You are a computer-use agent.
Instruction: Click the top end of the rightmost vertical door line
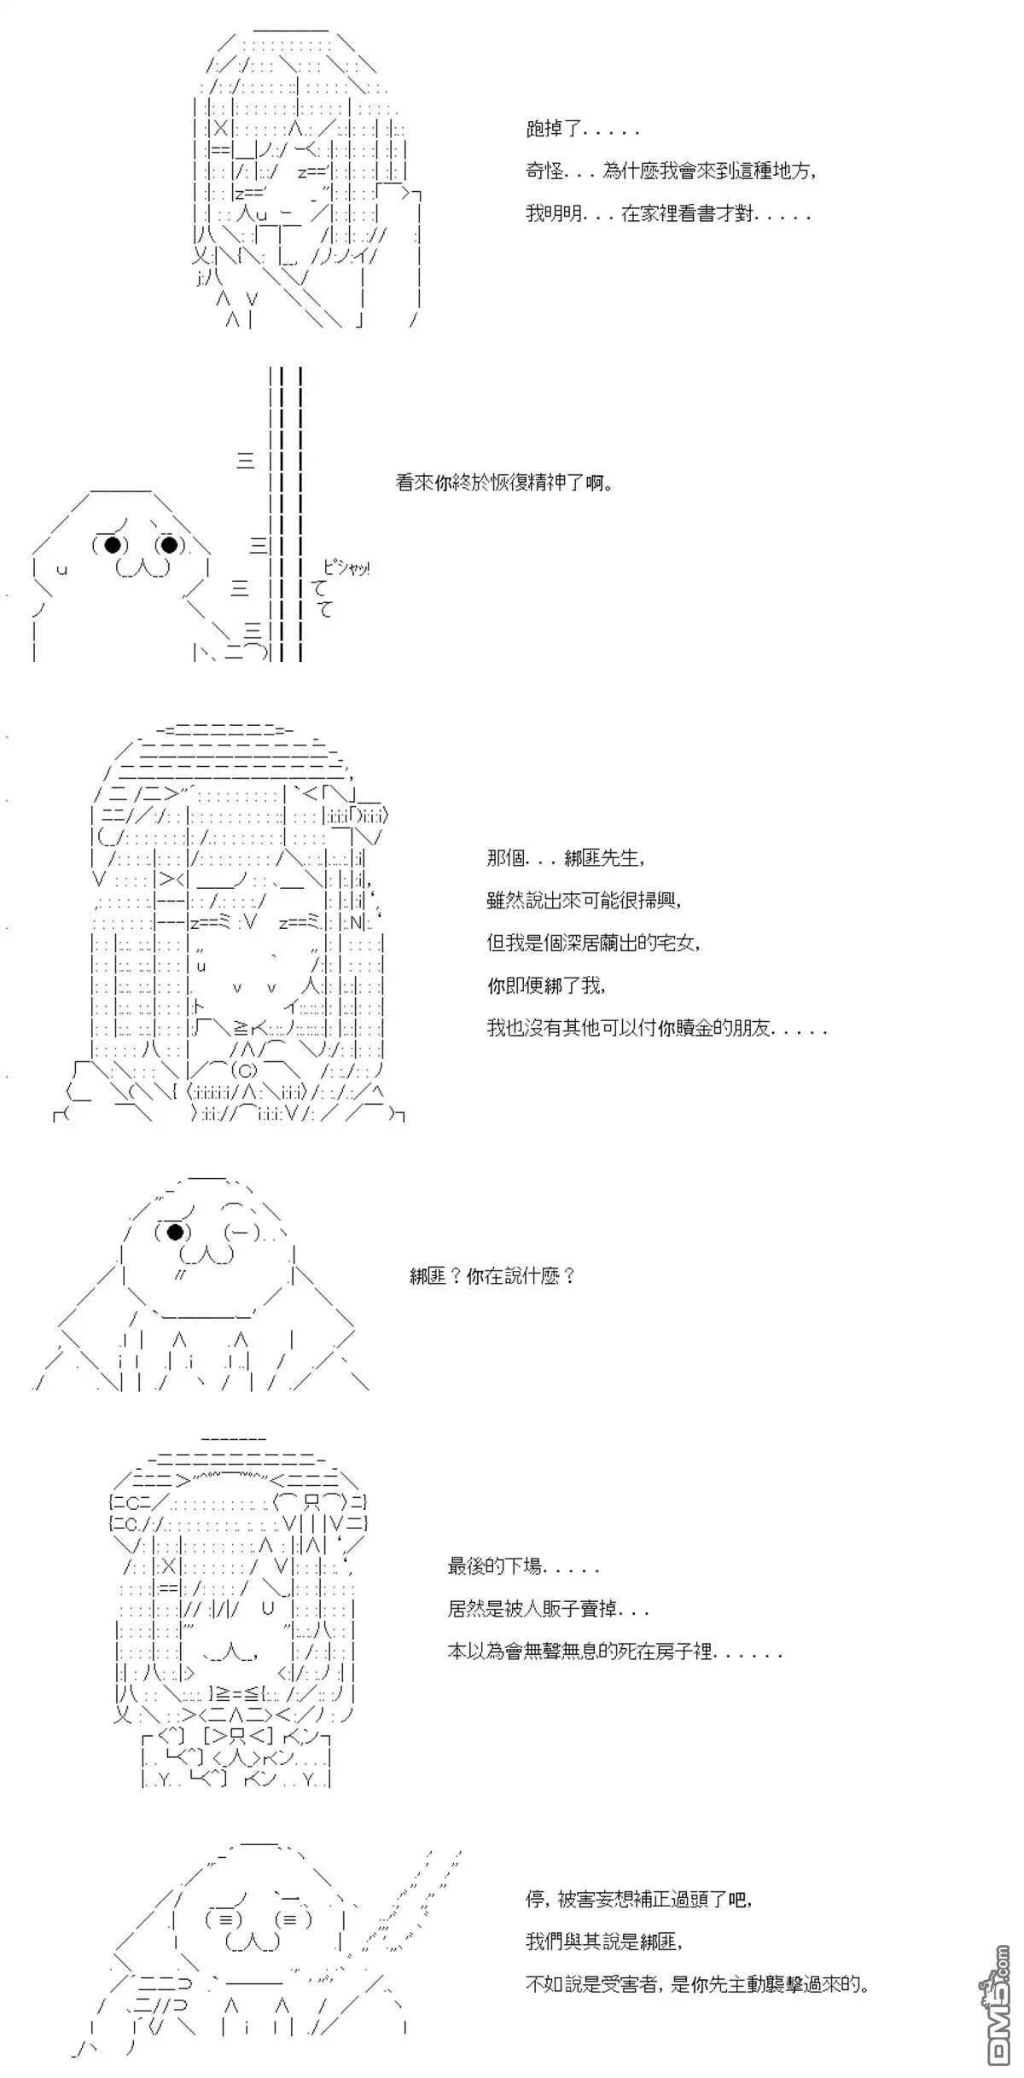click(x=301, y=369)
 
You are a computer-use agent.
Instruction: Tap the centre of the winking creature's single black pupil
click(x=175, y=1231)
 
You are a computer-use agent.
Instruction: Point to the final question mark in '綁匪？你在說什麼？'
click(x=569, y=1277)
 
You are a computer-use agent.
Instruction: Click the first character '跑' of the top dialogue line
click(x=536, y=130)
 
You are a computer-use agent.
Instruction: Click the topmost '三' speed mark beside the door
click(x=246, y=461)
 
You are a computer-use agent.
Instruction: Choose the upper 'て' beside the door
click(x=321, y=589)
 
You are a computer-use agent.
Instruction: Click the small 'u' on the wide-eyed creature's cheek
click(x=61, y=569)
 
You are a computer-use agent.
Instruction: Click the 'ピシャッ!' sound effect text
click(x=346, y=567)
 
